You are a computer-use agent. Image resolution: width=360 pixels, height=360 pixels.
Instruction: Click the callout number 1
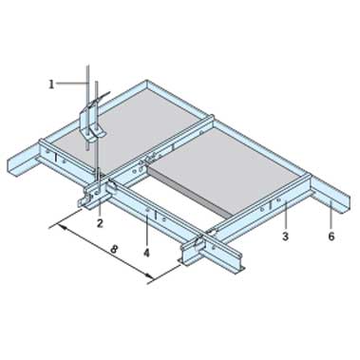51,85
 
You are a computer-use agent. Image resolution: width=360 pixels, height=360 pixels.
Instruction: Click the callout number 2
100,223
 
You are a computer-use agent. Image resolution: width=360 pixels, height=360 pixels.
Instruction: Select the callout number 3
285,237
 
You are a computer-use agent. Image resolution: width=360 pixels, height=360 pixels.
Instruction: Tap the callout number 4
146,253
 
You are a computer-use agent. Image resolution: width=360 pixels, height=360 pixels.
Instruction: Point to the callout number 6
332,237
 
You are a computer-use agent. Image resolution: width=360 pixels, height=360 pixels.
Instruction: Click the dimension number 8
114,249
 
